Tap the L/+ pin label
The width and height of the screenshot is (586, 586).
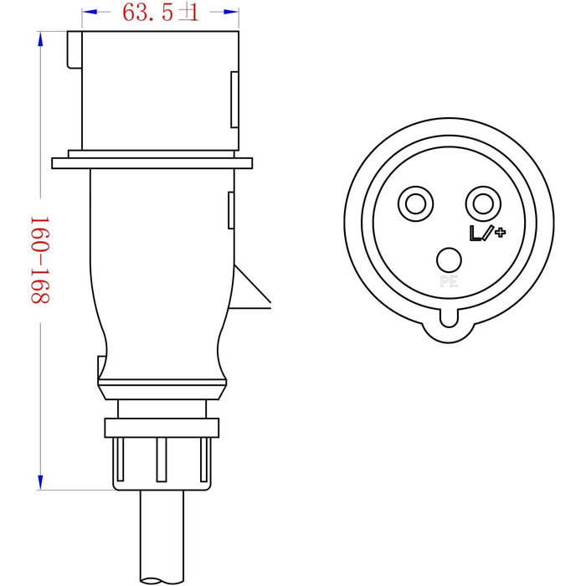487,232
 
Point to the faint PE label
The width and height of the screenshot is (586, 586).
449,281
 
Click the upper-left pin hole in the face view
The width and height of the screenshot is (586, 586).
416,203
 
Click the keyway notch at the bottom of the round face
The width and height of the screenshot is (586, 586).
450,322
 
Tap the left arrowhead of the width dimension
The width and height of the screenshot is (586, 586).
91,13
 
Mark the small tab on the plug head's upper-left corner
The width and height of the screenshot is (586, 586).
74,50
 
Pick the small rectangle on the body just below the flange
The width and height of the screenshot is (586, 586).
230,209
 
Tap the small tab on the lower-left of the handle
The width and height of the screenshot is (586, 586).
102,367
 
